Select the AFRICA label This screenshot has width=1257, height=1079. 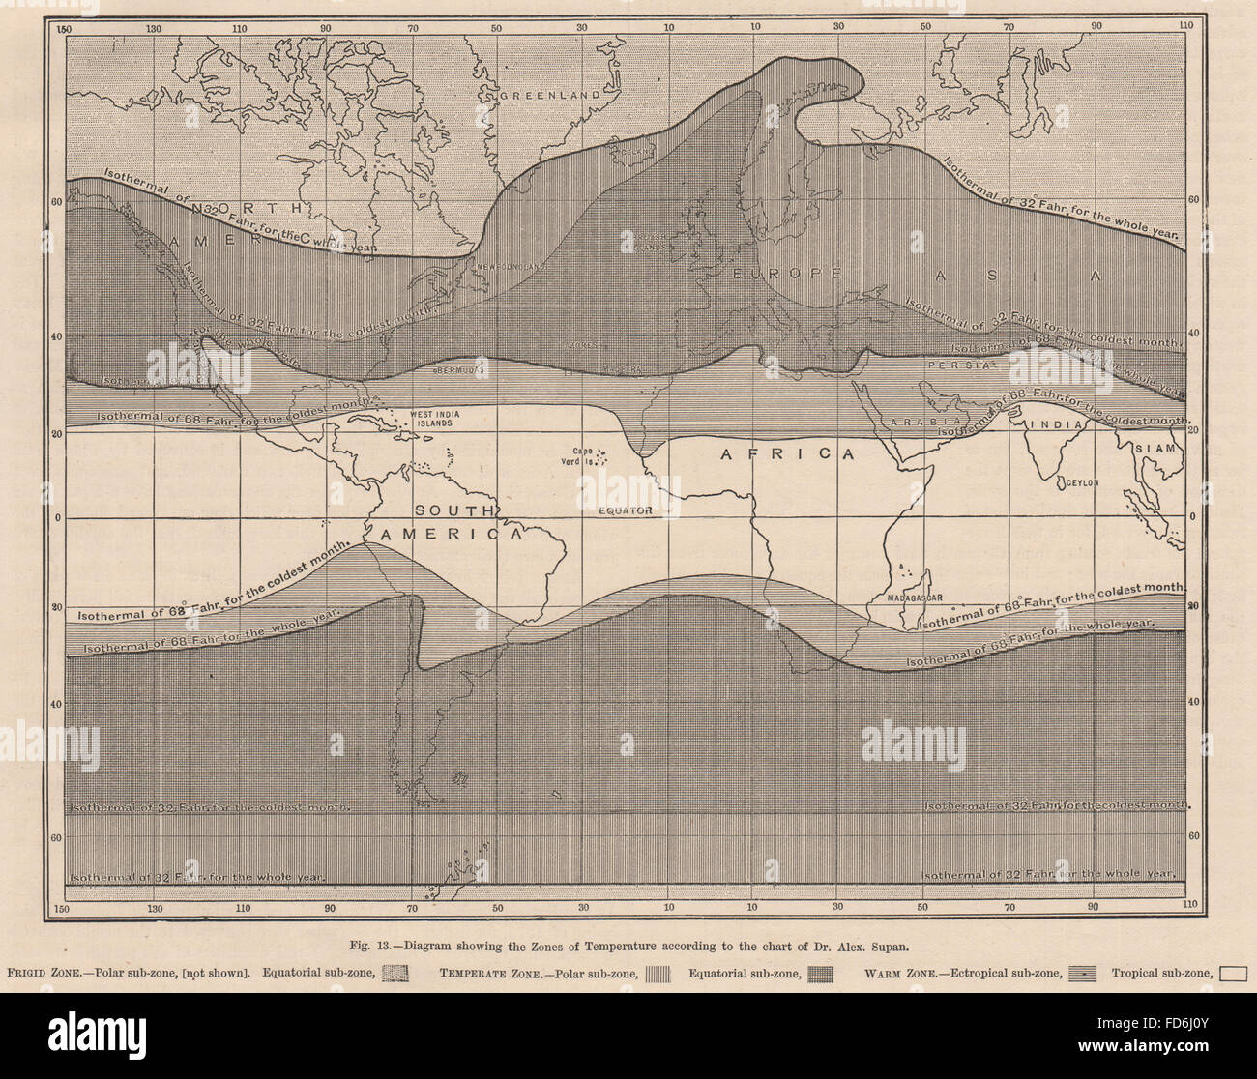tap(790, 453)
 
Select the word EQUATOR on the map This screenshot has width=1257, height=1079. tap(625, 510)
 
